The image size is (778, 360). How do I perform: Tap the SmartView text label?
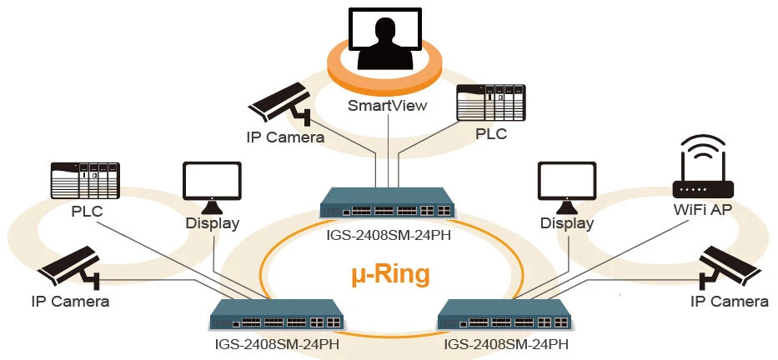click(x=387, y=106)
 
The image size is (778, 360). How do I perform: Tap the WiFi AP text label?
click(x=702, y=209)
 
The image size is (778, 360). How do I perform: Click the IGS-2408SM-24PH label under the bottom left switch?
click(x=276, y=342)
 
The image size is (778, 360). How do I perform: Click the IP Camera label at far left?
click(x=70, y=301)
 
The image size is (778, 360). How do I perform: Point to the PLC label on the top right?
click(x=491, y=133)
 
